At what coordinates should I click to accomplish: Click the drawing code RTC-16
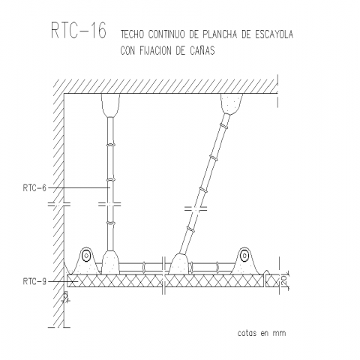tap(79, 30)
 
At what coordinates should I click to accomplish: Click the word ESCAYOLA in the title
tap(274, 34)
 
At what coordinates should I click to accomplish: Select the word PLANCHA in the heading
tap(220, 34)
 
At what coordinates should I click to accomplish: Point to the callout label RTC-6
tap(34, 187)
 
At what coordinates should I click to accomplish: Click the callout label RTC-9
tap(34, 281)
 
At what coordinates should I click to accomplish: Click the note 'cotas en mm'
tap(262, 333)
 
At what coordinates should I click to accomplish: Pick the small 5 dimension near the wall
tap(66, 296)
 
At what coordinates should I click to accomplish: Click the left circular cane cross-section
tap(86, 256)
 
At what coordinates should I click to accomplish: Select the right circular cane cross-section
tap(244, 256)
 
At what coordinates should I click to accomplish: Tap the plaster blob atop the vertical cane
tap(110, 105)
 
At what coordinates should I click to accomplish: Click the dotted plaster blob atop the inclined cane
tap(232, 103)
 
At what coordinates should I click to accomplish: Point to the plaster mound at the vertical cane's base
tap(110, 262)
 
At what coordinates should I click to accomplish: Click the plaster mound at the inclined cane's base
tap(179, 263)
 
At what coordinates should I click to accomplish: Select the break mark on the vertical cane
tap(109, 204)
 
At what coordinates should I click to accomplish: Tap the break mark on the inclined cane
tap(196, 208)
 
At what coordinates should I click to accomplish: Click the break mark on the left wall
tap(59, 204)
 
